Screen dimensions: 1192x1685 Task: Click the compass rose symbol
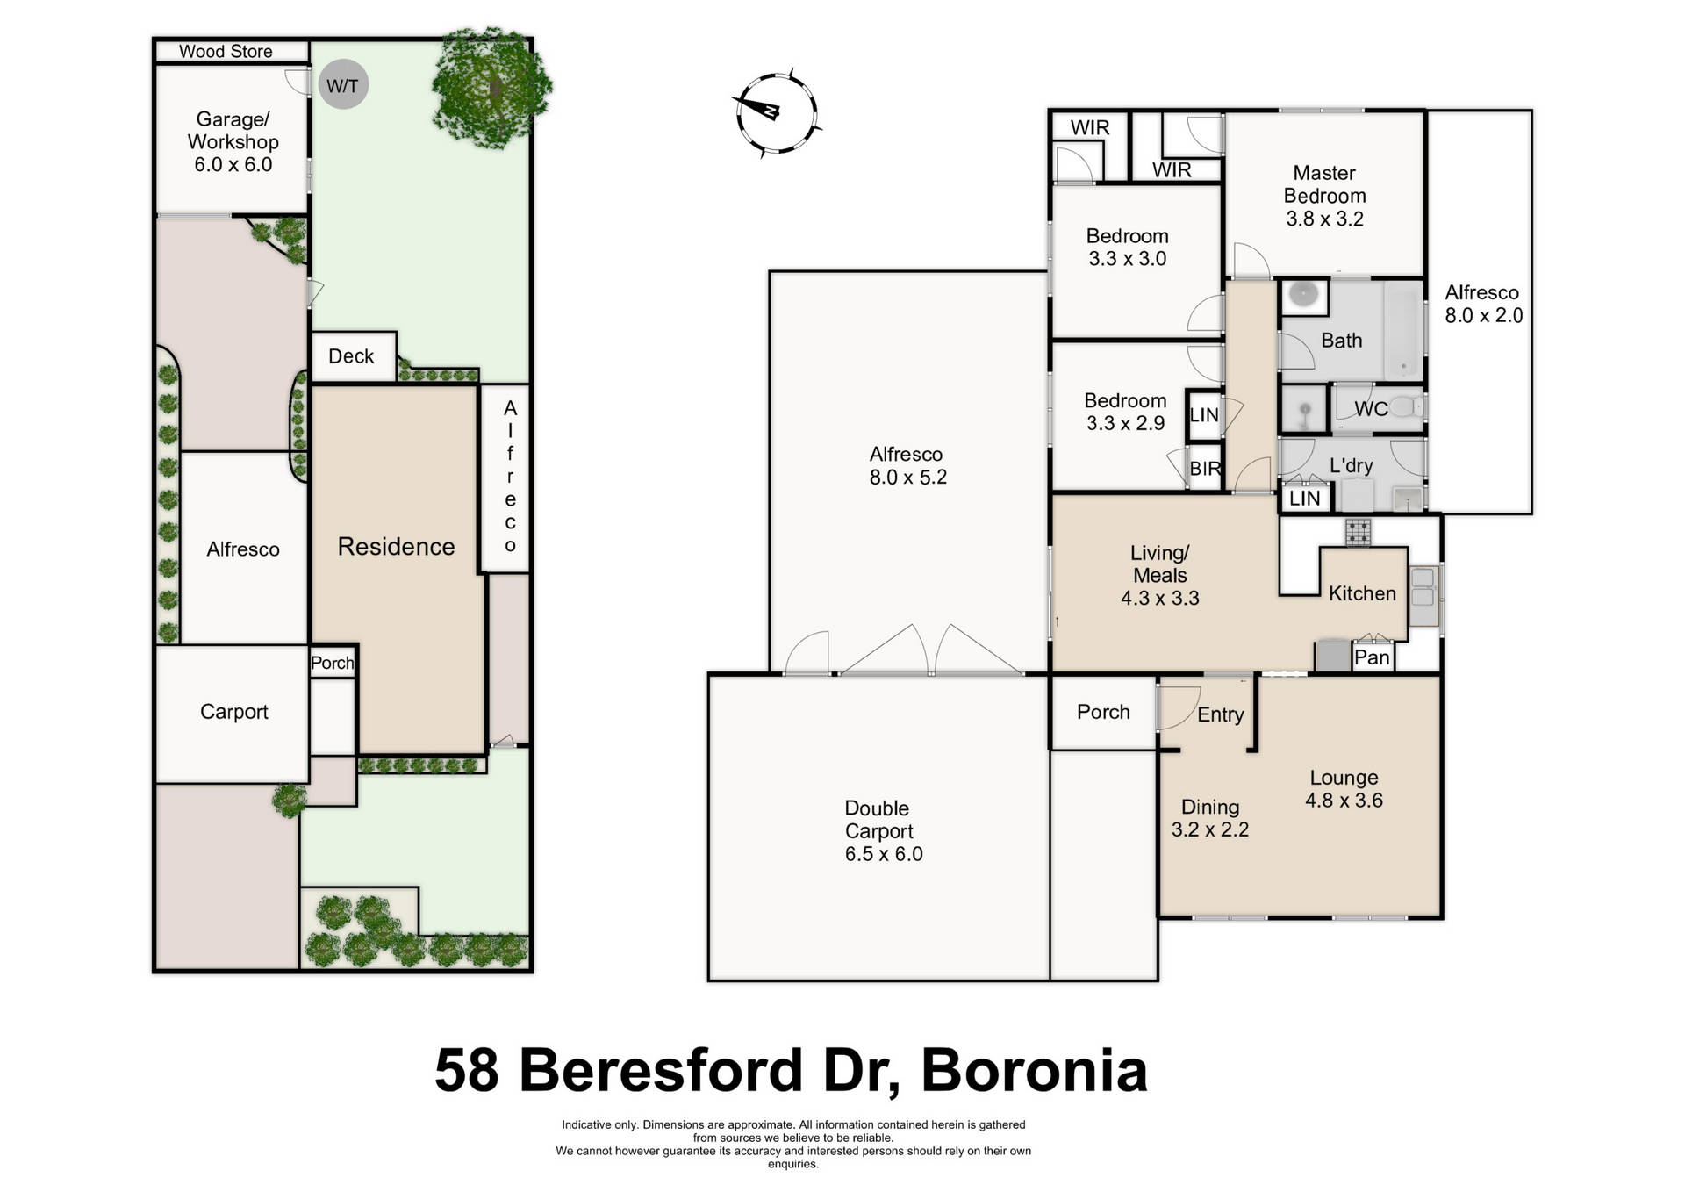(776, 113)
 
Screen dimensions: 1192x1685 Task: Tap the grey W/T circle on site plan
(342, 85)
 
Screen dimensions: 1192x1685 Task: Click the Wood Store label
(226, 52)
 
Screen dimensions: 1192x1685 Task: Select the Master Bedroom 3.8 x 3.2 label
(1324, 196)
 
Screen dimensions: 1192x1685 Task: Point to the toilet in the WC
(1408, 406)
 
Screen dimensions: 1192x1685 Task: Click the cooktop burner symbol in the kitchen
(1358, 531)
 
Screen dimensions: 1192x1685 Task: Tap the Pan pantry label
(1372, 657)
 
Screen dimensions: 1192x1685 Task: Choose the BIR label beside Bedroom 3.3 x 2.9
(1205, 469)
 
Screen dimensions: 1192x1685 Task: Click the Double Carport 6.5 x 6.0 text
(882, 830)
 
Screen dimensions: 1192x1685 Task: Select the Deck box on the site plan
(352, 356)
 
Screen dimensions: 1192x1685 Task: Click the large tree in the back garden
(491, 86)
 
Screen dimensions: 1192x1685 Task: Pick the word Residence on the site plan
(396, 547)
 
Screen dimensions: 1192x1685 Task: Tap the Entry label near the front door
(1220, 714)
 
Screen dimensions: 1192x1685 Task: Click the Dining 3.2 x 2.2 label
(1209, 818)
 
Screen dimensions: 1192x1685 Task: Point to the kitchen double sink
(1423, 588)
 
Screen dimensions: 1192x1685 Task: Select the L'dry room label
(1351, 466)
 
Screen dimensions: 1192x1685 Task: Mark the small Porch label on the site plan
(332, 663)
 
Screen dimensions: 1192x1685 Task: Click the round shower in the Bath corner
(1304, 297)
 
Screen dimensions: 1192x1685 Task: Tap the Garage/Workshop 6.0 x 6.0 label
(233, 141)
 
